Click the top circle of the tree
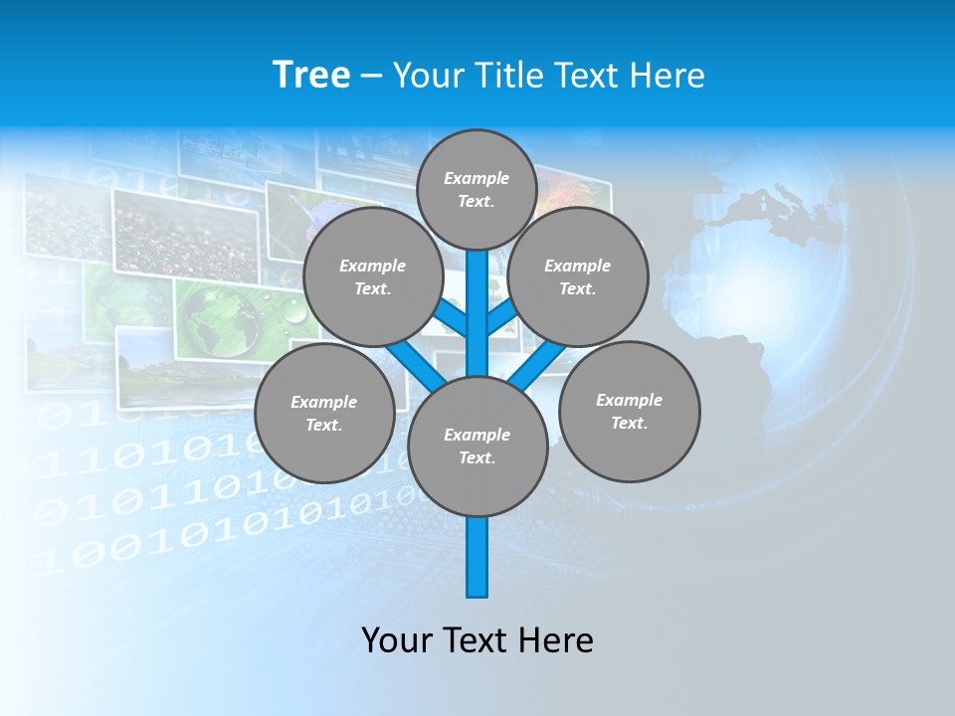coord(477,189)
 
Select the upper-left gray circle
coord(372,276)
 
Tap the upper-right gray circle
coord(577,276)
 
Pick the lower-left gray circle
coord(323,413)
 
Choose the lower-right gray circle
coord(629,411)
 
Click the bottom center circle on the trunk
coord(477,447)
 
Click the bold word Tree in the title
coord(311,75)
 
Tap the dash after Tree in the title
coord(370,76)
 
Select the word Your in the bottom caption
coord(397,639)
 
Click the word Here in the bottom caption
coord(559,639)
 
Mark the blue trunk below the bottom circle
coord(477,557)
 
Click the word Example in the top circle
coord(477,178)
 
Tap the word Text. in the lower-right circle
coord(629,423)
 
